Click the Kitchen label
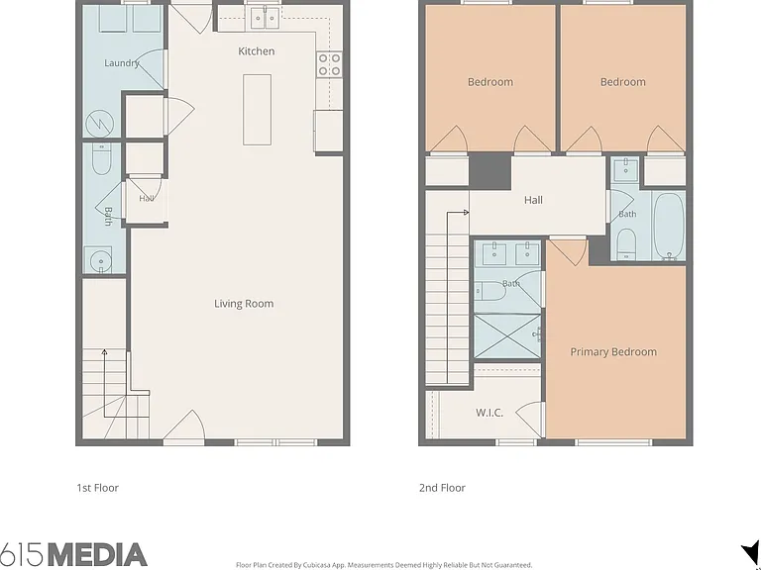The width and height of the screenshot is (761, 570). pos(257,50)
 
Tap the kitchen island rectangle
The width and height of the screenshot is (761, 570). pos(258,110)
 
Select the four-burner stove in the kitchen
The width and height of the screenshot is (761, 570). pos(330,65)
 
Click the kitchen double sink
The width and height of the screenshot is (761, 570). pos(265,19)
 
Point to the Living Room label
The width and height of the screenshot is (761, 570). pos(244,304)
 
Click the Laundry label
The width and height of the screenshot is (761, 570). pos(122,63)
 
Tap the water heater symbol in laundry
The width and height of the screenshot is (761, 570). pos(99,124)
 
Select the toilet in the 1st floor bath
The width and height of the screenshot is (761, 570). pos(101,158)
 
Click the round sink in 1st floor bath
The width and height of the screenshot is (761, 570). pos(101,261)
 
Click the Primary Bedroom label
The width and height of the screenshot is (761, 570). pos(613,352)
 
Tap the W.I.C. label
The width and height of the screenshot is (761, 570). pos(489,413)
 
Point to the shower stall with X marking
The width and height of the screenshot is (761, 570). pos(507,336)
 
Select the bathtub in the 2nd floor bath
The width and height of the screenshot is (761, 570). pos(669,227)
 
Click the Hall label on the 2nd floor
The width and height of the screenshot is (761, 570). pos(533,200)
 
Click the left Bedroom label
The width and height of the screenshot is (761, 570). pos(490,82)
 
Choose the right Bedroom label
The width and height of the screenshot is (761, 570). pos(622,82)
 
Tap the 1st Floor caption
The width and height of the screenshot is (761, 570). pos(97,488)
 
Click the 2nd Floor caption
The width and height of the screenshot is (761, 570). pos(442,488)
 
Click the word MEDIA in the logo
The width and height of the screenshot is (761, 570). pos(97,555)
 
